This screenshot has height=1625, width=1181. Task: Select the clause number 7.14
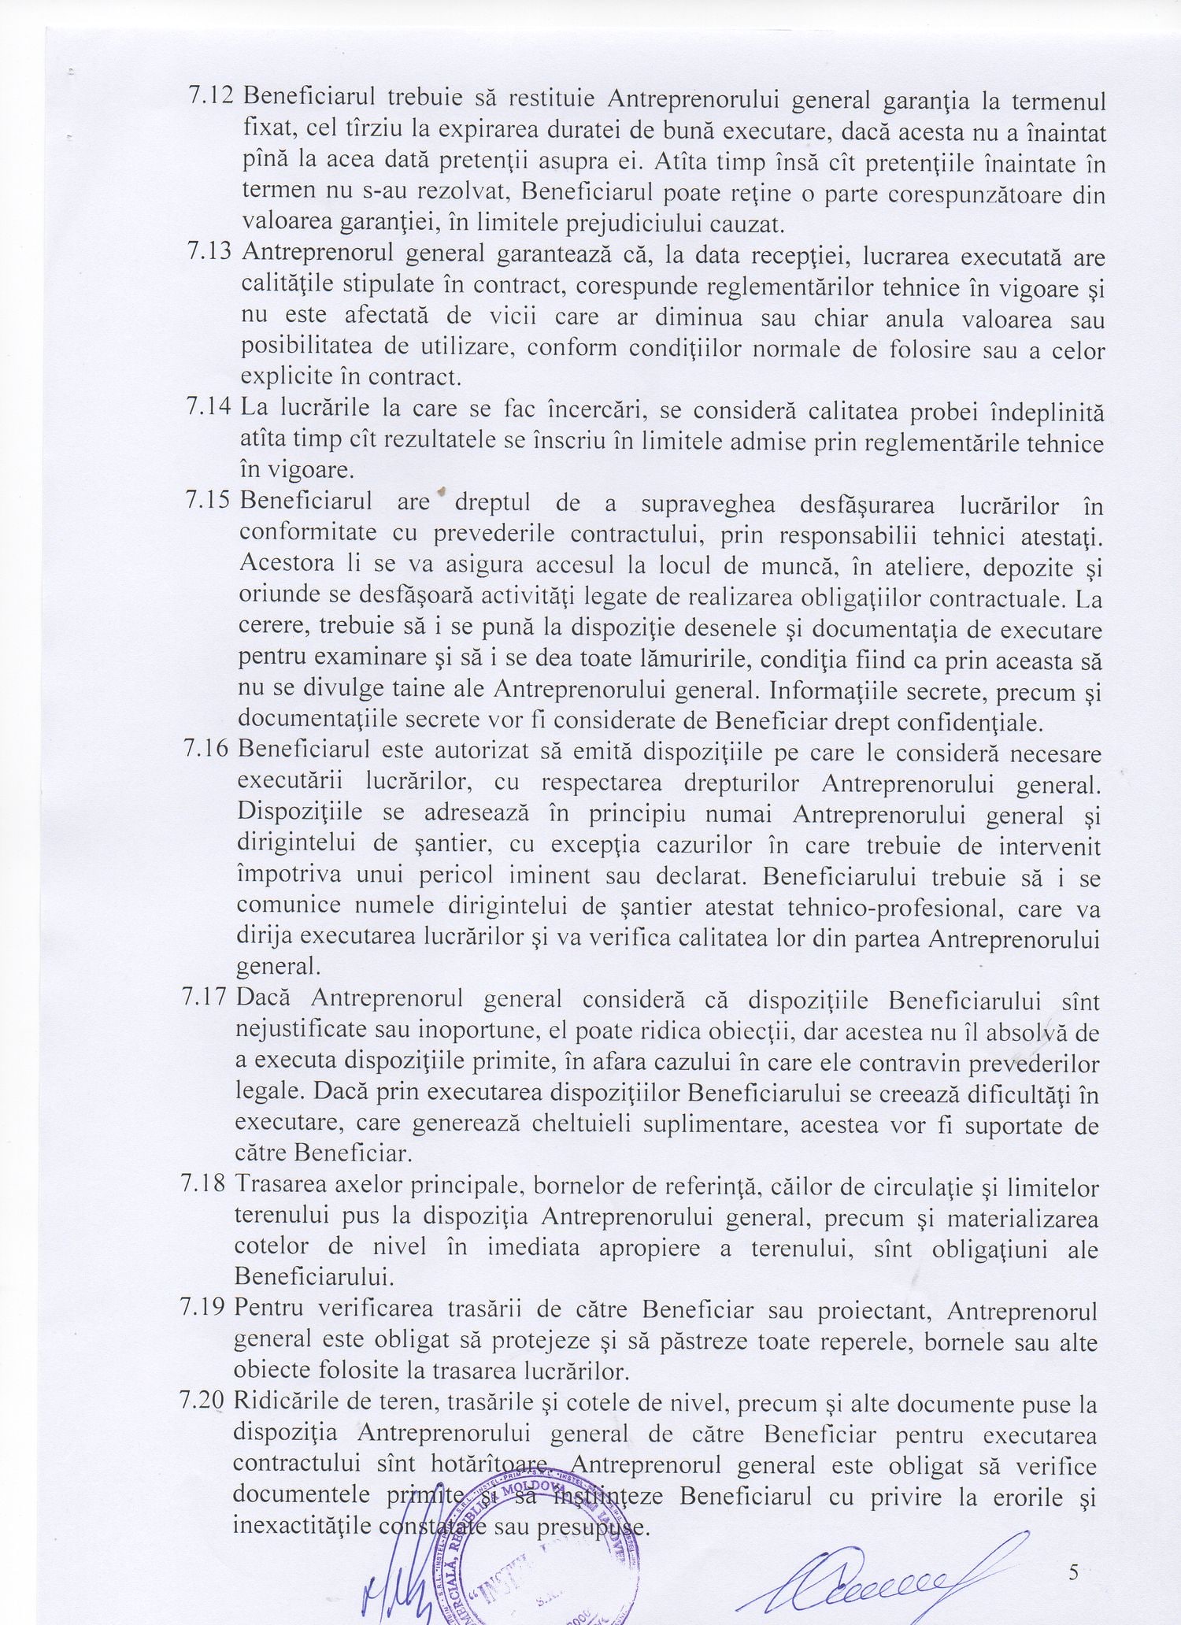point(209,408)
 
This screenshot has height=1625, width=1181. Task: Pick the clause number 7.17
point(207,998)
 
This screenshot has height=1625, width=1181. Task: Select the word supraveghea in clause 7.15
point(708,505)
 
